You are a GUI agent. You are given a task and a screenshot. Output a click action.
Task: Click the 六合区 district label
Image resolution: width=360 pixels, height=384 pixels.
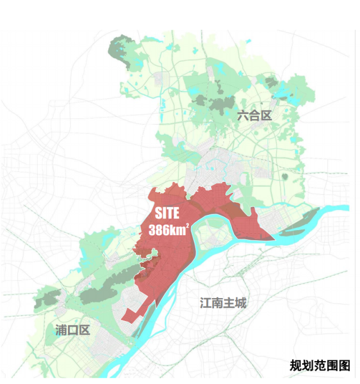click(x=254, y=116)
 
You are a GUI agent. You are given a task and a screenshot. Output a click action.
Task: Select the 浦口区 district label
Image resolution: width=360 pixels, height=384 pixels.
click(x=72, y=330)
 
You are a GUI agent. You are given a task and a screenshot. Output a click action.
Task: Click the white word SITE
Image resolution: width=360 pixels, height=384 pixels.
click(x=167, y=213)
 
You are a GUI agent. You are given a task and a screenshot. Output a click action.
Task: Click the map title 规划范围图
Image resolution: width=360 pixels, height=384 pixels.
click(x=320, y=366)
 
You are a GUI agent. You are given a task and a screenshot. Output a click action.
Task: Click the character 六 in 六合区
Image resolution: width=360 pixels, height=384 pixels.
click(x=243, y=116)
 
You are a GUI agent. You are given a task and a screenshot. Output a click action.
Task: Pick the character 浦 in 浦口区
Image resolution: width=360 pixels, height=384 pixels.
click(x=61, y=330)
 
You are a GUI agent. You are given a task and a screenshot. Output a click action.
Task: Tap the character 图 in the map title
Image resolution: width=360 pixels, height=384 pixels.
click(x=344, y=366)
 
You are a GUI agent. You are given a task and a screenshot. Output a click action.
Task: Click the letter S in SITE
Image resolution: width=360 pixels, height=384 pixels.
click(x=158, y=213)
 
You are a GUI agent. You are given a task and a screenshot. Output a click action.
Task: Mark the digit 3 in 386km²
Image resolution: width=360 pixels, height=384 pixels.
click(x=152, y=230)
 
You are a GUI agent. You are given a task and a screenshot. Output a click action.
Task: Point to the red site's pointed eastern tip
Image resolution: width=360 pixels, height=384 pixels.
click(x=274, y=239)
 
